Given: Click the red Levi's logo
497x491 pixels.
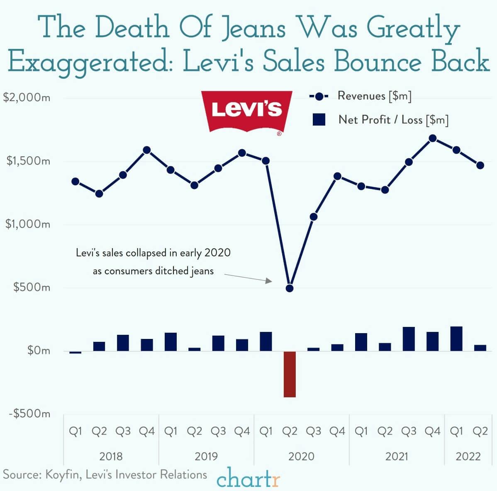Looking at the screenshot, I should [x=246, y=111].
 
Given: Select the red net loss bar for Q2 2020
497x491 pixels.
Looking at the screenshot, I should [x=290, y=374].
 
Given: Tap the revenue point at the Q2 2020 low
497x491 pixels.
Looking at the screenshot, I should [x=290, y=288].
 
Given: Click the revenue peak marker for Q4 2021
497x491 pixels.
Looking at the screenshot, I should [x=433, y=138].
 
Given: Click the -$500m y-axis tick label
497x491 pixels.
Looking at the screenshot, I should [x=27, y=414].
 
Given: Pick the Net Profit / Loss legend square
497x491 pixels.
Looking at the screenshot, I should [x=319, y=120].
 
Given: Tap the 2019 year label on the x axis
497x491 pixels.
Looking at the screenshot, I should [x=206, y=456].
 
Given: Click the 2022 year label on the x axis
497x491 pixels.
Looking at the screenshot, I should [x=468, y=456].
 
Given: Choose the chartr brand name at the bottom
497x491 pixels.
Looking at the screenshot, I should [x=248, y=479].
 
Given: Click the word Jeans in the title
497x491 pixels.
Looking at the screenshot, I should [x=253, y=28].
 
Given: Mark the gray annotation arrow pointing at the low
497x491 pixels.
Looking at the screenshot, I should [x=248, y=278].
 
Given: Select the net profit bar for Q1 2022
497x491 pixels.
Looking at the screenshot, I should [x=456, y=339].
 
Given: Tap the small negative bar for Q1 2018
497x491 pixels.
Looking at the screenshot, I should [x=75, y=353].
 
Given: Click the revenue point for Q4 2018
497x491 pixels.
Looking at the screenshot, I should [x=147, y=150].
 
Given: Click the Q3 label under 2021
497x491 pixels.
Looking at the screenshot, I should [x=409, y=431].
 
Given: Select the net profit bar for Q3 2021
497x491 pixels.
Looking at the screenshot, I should [x=409, y=339].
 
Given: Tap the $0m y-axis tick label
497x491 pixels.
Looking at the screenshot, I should [x=38, y=351].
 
